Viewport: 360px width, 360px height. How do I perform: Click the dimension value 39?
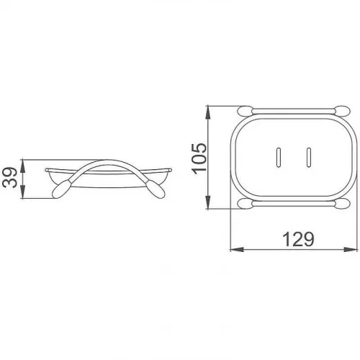[x=9, y=178]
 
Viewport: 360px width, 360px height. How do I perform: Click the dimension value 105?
[x=199, y=158]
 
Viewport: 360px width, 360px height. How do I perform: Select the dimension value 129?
[x=298, y=239]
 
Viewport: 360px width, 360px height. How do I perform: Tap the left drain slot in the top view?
[x=279, y=157]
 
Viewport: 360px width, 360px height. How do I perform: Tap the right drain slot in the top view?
[x=309, y=157]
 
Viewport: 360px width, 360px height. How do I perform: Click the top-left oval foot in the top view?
[x=245, y=111]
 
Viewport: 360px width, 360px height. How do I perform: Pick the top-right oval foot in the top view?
[x=343, y=111]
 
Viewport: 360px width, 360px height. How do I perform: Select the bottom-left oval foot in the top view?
[x=245, y=204]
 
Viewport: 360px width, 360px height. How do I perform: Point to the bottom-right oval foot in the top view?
[x=343, y=204]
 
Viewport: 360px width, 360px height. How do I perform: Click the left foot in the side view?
[x=61, y=189]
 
